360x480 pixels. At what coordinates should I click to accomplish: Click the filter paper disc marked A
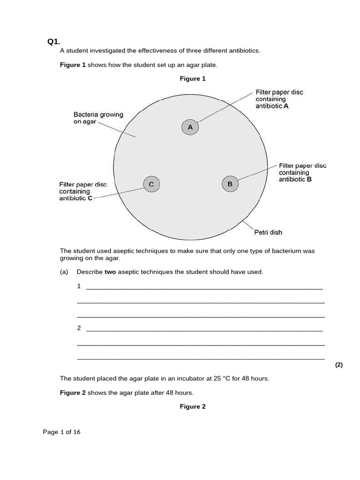(x=190, y=127)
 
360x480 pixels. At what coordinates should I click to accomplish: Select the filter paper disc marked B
(x=230, y=184)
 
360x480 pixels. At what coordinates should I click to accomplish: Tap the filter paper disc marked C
(x=151, y=184)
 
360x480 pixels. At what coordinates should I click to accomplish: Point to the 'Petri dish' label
(x=268, y=232)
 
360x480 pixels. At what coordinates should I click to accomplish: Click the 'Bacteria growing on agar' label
(x=98, y=118)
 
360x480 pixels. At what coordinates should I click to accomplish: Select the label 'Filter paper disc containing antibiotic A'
(x=279, y=99)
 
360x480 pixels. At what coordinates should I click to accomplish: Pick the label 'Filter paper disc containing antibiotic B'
(x=302, y=172)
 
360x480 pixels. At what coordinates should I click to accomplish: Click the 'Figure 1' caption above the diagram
(x=193, y=79)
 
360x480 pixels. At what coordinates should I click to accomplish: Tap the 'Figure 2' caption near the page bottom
(x=193, y=406)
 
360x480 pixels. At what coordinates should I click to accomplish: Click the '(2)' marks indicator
(x=339, y=365)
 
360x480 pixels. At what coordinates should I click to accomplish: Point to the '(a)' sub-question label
(x=64, y=272)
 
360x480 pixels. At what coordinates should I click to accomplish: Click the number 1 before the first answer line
(x=79, y=286)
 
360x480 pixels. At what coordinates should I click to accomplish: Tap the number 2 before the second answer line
(x=79, y=328)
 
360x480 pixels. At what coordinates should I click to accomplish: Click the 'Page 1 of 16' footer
(x=61, y=432)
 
